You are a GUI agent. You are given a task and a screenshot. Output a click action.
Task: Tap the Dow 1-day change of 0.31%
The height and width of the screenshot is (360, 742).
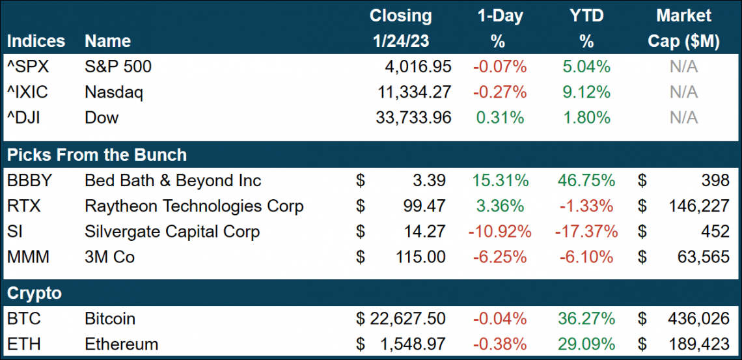click(x=500, y=117)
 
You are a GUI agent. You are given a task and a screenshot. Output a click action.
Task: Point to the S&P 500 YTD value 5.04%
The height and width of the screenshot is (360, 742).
click(x=586, y=66)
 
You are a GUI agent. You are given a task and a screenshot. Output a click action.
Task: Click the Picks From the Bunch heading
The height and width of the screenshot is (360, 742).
click(x=97, y=155)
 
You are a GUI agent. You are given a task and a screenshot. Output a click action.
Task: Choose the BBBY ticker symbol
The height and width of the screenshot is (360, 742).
click(x=29, y=180)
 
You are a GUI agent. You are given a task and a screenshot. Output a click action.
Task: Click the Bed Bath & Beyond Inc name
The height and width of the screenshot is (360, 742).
click(x=173, y=180)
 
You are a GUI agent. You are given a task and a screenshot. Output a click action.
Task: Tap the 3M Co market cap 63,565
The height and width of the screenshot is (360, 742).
click(x=702, y=257)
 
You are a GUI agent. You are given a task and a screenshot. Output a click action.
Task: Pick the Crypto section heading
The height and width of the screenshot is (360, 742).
click(x=34, y=293)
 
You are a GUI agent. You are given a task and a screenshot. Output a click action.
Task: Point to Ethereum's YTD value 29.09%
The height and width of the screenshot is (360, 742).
click(x=586, y=344)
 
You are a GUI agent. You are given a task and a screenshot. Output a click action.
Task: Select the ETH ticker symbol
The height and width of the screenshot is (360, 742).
click(x=24, y=344)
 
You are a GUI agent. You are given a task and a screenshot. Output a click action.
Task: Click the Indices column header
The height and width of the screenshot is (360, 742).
click(x=36, y=41)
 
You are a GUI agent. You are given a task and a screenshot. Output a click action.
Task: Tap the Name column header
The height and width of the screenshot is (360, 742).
click(x=107, y=41)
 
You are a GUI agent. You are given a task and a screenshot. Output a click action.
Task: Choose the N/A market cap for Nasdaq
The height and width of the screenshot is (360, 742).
click(x=683, y=92)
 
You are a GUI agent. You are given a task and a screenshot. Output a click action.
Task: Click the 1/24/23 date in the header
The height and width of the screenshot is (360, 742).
click(x=400, y=41)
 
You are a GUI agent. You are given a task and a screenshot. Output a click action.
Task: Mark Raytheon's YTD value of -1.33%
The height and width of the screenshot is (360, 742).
click(x=586, y=206)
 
